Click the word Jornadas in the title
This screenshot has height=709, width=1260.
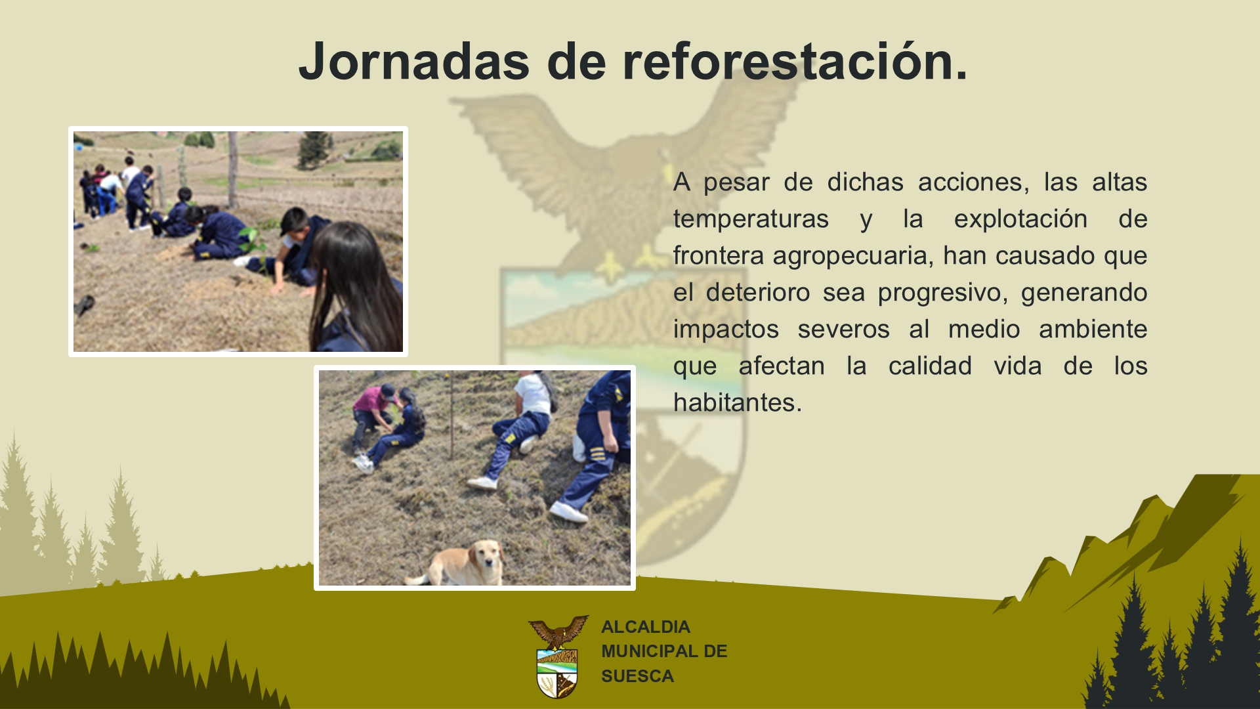pos(414,61)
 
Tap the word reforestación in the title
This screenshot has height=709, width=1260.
pos(785,61)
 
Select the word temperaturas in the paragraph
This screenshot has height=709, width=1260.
pos(751,219)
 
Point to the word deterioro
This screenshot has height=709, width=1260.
pos(758,293)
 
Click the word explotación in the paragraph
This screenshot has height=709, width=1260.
pos(1020,219)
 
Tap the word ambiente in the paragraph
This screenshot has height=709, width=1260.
pos(1093,330)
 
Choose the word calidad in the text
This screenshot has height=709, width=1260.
pos(930,366)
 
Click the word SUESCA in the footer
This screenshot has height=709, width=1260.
pos(637,676)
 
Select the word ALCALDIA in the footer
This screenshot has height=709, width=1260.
pos(646,627)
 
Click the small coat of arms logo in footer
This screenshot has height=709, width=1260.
pos(558,656)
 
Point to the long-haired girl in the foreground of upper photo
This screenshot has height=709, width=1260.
pos(358,289)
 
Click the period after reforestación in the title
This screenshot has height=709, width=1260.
pos(961,77)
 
